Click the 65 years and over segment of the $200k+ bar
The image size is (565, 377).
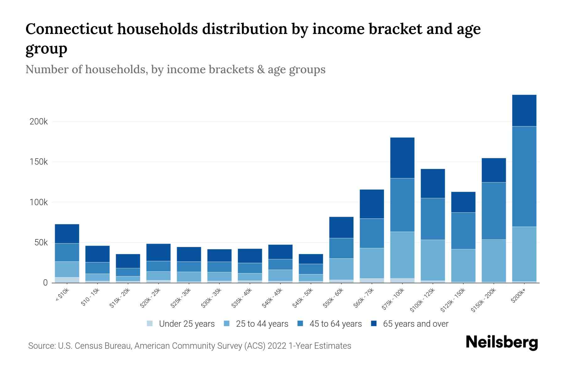(x=524, y=110)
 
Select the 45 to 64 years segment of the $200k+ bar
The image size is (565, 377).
(x=524, y=176)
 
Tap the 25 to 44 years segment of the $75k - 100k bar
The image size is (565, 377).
(x=402, y=255)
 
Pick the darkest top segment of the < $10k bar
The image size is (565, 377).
(x=67, y=233)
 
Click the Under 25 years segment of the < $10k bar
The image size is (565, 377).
(x=67, y=280)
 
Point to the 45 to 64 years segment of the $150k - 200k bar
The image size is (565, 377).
(x=493, y=211)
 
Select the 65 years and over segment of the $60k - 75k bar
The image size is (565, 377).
(x=372, y=204)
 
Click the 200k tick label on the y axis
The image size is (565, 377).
(x=39, y=122)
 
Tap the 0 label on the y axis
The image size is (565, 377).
(x=46, y=283)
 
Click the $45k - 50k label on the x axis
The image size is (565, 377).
(x=303, y=298)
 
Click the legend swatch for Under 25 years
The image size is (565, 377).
(x=150, y=323)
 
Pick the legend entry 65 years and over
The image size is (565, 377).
(x=416, y=324)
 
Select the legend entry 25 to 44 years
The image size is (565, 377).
(x=262, y=324)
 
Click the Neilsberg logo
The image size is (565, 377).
(x=502, y=342)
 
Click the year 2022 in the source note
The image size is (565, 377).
(x=277, y=346)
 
